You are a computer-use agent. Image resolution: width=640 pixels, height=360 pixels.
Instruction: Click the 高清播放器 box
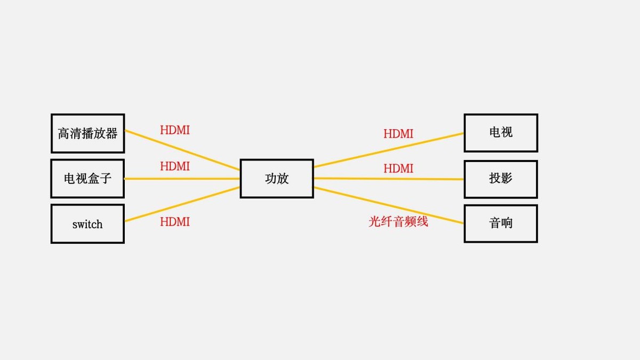87,133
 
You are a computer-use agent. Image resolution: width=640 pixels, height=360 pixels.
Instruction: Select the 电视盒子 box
87,179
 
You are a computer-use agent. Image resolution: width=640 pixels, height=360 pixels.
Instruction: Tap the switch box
87,224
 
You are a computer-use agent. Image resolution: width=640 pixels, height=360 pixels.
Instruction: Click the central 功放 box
276,179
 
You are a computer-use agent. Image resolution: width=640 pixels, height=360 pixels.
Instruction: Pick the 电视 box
501,132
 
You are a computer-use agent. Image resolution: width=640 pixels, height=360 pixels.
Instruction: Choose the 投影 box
501,179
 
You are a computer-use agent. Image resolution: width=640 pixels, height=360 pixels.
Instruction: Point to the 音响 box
501,223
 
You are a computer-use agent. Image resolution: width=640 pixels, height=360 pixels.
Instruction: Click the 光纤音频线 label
398,222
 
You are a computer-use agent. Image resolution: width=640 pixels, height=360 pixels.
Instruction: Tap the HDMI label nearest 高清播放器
175,130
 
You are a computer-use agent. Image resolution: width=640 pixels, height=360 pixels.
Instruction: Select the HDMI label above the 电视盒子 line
175,166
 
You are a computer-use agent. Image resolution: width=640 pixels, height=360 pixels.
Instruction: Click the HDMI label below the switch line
175,222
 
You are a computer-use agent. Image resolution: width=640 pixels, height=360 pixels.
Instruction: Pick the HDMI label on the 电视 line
398,134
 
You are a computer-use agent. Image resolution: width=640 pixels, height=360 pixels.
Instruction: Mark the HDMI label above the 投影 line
398,169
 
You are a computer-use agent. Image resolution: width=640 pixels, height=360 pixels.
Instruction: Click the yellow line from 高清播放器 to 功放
181,150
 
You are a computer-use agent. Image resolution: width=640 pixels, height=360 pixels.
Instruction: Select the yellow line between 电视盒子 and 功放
181,179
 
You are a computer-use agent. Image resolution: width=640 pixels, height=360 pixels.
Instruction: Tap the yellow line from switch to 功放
181,204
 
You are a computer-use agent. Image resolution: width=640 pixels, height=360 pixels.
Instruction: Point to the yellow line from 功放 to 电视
389,149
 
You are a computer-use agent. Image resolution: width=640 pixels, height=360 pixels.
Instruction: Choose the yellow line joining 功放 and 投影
389,179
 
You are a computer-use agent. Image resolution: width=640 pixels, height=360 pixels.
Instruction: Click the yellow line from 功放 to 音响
389,205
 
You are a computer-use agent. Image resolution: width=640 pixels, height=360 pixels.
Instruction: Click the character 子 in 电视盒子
106,179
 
